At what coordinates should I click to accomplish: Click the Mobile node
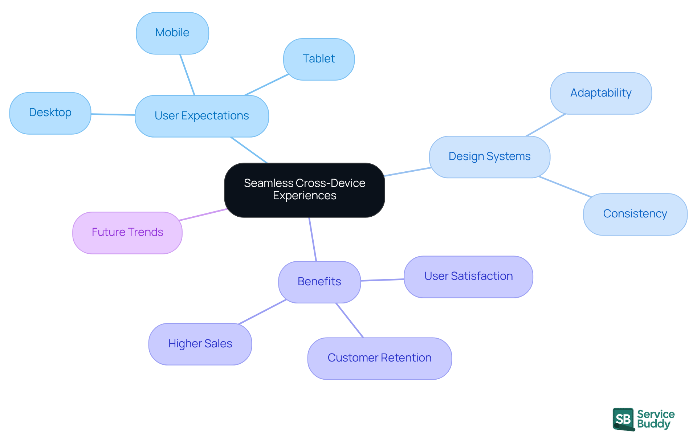[172, 33]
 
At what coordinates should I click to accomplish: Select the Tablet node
[319, 59]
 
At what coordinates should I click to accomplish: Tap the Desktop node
[50, 113]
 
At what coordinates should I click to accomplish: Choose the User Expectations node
[201, 116]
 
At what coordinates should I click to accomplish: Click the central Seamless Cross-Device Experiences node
[304, 190]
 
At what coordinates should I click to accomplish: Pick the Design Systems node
[489, 157]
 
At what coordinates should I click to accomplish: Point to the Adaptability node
[601, 93]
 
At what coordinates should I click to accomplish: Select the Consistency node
[635, 214]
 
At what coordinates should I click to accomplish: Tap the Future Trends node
[127, 233]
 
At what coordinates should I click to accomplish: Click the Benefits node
[319, 282]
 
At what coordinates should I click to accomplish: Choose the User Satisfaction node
[468, 277]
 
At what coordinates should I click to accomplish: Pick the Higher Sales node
[200, 344]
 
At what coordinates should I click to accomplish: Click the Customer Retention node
[379, 358]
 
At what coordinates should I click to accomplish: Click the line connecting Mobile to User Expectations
[187, 75]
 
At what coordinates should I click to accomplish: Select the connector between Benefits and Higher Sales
[262, 312]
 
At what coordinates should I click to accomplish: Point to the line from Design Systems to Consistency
[565, 187]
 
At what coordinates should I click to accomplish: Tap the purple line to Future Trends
[203, 215]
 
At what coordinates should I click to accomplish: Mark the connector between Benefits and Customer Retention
[350, 320]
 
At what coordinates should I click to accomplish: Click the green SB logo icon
[623, 419]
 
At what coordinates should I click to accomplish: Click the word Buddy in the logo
[653, 424]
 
